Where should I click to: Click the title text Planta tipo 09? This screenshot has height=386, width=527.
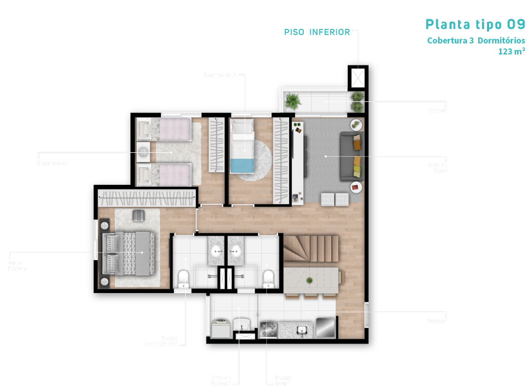[475, 24]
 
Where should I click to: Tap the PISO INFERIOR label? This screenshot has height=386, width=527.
[317, 32]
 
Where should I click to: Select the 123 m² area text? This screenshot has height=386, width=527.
[511, 51]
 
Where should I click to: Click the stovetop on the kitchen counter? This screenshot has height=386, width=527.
[268, 329]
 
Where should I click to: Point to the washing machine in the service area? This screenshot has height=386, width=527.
[220, 328]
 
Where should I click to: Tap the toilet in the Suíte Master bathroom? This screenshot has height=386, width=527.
[183, 278]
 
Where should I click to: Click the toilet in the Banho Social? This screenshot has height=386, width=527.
[269, 278]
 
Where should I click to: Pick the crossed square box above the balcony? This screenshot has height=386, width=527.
[358, 77]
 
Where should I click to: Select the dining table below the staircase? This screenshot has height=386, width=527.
[311, 281]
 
